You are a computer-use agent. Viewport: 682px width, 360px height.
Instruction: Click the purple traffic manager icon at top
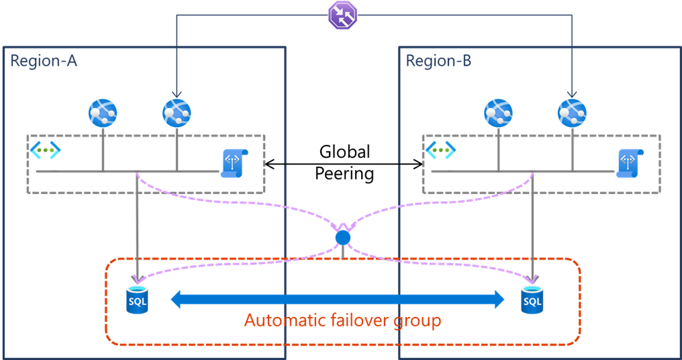click(341, 15)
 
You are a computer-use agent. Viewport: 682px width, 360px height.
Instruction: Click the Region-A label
click(44, 61)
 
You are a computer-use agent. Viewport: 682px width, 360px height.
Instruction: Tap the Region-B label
click(438, 61)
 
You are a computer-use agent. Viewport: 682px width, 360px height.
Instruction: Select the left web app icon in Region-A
click(103, 112)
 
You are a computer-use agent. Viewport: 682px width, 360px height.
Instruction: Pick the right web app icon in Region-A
click(177, 112)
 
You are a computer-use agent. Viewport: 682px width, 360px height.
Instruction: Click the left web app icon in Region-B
click(498, 112)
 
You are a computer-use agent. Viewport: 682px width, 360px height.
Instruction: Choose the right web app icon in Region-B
click(572, 112)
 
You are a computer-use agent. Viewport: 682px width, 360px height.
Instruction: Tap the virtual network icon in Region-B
click(440, 148)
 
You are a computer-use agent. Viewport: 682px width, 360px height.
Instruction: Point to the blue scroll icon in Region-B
click(629, 163)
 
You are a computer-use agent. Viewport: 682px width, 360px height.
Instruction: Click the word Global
click(344, 151)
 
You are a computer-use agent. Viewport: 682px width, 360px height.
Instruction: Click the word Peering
click(344, 174)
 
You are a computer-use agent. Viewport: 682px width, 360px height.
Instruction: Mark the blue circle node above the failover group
click(343, 238)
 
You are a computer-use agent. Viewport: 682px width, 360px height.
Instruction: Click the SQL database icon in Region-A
click(138, 299)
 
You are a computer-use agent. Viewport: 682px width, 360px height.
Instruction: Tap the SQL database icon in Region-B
click(532, 299)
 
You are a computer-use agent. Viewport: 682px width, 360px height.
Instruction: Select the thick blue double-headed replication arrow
click(337, 298)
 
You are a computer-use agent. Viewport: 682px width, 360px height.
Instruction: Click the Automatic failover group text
click(343, 320)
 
